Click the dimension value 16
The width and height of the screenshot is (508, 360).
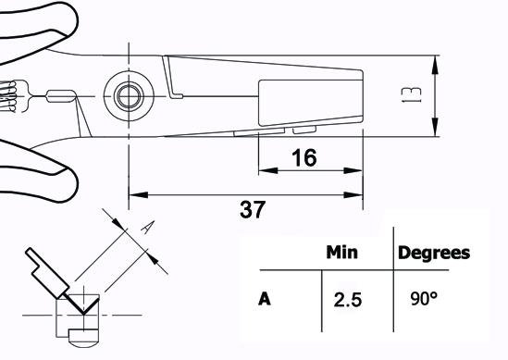(x=304, y=158)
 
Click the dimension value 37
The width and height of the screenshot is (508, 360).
(x=253, y=209)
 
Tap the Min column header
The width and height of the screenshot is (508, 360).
(x=341, y=252)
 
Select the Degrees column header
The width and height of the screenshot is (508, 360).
(x=434, y=253)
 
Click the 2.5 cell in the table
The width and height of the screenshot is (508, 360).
(x=348, y=300)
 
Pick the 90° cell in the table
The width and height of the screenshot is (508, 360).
(x=424, y=298)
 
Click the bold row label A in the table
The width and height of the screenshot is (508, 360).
(x=265, y=299)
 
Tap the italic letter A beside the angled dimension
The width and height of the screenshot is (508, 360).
(x=147, y=227)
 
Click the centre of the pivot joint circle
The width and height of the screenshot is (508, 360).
(x=129, y=96)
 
